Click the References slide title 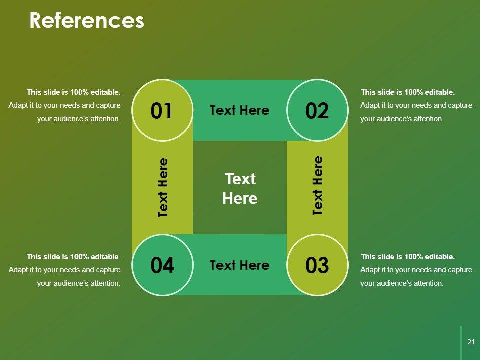click(x=87, y=21)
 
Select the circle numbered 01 click(x=162, y=110)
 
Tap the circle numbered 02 click(x=317, y=110)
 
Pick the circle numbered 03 click(x=317, y=265)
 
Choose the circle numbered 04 click(x=162, y=265)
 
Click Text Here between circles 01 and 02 click(x=239, y=110)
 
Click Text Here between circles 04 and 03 click(x=239, y=265)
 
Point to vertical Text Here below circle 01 click(x=163, y=187)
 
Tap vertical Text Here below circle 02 click(x=318, y=186)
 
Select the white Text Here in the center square click(x=240, y=189)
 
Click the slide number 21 click(x=470, y=342)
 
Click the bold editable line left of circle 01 click(x=74, y=92)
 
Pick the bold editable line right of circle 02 click(x=408, y=92)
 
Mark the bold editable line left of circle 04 click(x=74, y=257)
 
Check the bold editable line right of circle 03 click(x=408, y=257)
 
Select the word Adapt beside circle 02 click(x=370, y=106)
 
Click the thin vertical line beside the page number click(x=461, y=342)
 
